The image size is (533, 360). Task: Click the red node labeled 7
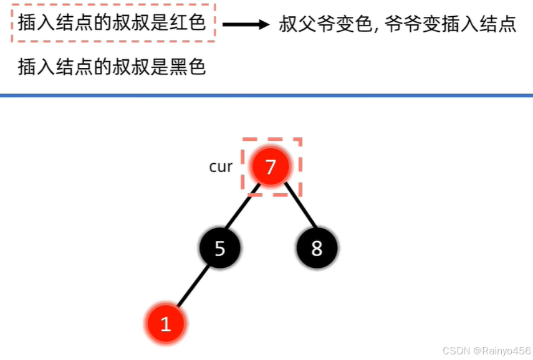[x=271, y=166]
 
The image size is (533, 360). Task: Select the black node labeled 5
[x=220, y=249]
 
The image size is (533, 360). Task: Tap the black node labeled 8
[x=317, y=249]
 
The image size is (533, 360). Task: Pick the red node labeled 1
[x=165, y=324]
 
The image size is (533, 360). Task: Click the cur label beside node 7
[x=221, y=167]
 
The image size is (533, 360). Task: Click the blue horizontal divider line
[x=266, y=95]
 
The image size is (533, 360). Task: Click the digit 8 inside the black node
[x=317, y=249]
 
